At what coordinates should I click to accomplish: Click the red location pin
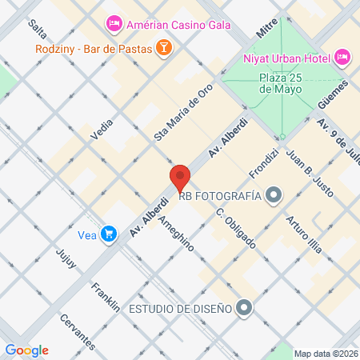click(180, 178)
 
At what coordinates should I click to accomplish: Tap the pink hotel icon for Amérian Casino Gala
click(114, 25)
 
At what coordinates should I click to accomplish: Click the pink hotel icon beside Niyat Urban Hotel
click(342, 57)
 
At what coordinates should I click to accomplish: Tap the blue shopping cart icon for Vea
click(106, 235)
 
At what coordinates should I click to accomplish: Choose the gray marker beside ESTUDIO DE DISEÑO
click(245, 308)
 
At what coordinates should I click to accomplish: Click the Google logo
click(26, 350)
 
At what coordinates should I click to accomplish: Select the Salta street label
click(37, 30)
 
